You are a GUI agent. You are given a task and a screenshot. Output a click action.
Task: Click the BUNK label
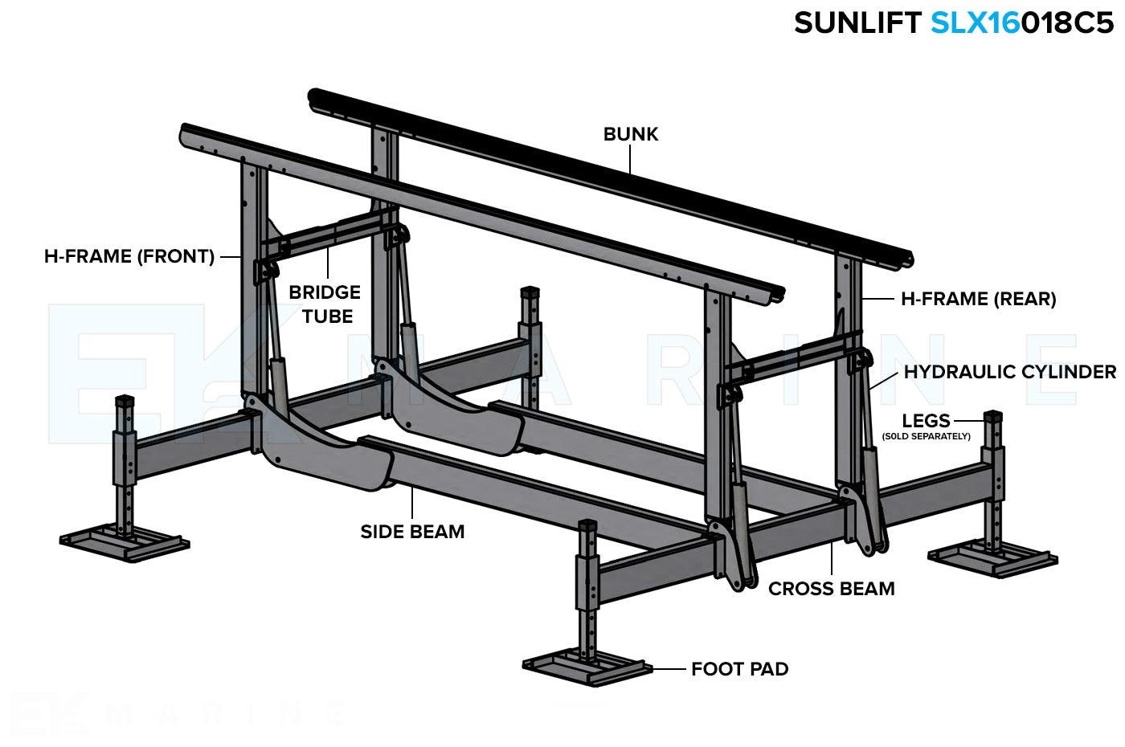click(631, 134)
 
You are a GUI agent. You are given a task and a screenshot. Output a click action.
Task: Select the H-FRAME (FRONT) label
click(129, 256)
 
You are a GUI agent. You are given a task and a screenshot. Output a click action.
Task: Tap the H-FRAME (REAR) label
click(978, 299)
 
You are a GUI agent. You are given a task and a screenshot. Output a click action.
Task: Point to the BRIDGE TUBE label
click(325, 304)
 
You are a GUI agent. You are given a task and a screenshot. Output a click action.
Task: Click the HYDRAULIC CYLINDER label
click(1009, 372)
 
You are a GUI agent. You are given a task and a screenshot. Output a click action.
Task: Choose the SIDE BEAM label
click(412, 531)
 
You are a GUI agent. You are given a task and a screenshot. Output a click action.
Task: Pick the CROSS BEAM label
click(831, 589)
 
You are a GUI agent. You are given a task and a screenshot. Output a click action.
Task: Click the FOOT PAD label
click(739, 669)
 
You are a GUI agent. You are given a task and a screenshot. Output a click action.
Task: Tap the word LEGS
click(926, 420)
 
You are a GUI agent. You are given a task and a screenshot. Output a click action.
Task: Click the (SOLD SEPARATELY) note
click(926, 437)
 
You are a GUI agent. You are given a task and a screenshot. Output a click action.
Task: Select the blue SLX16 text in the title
click(975, 22)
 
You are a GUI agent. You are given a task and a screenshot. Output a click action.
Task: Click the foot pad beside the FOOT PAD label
click(587, 668)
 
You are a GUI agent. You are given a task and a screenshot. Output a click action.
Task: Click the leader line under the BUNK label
click(631, 160)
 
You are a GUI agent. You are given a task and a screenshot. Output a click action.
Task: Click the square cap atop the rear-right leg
click(993, 417)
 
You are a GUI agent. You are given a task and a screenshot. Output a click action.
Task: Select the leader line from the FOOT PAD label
click(669, 669)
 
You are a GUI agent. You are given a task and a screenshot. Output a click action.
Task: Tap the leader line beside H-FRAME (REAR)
click(877, 299)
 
